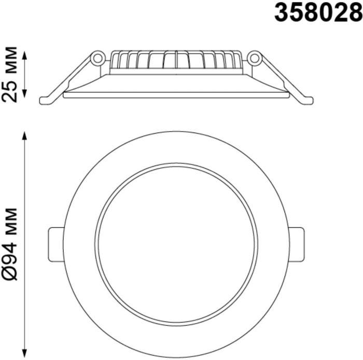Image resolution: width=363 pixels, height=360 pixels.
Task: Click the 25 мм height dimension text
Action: point(9,75)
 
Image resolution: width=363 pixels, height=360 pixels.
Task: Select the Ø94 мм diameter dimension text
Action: point(9,244)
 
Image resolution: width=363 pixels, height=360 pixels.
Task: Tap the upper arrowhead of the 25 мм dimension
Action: point(25,56)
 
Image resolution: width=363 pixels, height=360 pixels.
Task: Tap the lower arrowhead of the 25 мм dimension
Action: point(25,93)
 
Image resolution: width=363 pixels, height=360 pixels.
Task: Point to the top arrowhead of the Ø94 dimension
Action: point(25,136)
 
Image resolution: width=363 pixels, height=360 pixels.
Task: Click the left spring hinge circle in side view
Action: point(97,58)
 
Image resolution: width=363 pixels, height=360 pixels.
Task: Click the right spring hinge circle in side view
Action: point(255,58)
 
